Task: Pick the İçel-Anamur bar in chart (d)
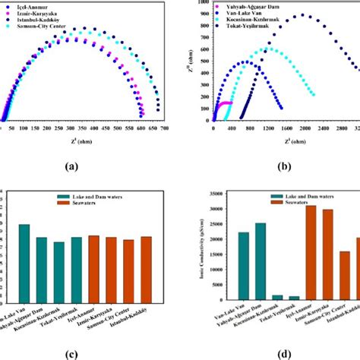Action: (x=289, y=254)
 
